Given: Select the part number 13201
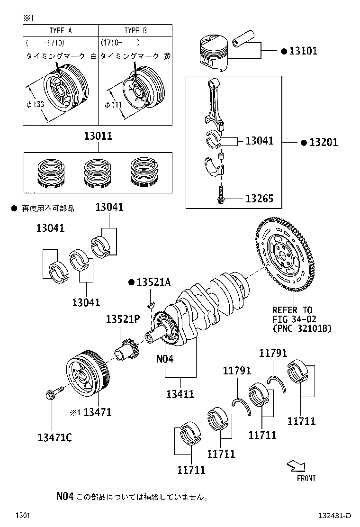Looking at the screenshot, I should pos(324,142).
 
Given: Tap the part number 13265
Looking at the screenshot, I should pos(259,199).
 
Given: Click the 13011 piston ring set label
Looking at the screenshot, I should pos(98,136).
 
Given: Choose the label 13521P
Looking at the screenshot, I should pos(122,319).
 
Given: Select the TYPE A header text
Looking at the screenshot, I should pos(60,30).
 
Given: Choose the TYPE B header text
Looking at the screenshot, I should pos(135,30).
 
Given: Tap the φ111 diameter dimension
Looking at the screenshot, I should pos(112,104).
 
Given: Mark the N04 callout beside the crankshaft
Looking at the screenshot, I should pos(165,359).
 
